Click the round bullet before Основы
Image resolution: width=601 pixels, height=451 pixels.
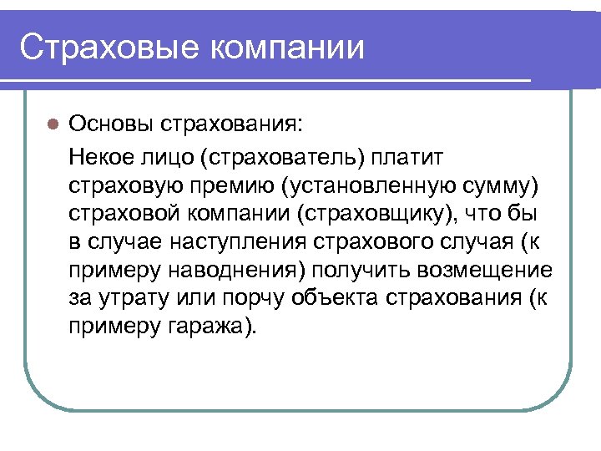pos(52,124)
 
